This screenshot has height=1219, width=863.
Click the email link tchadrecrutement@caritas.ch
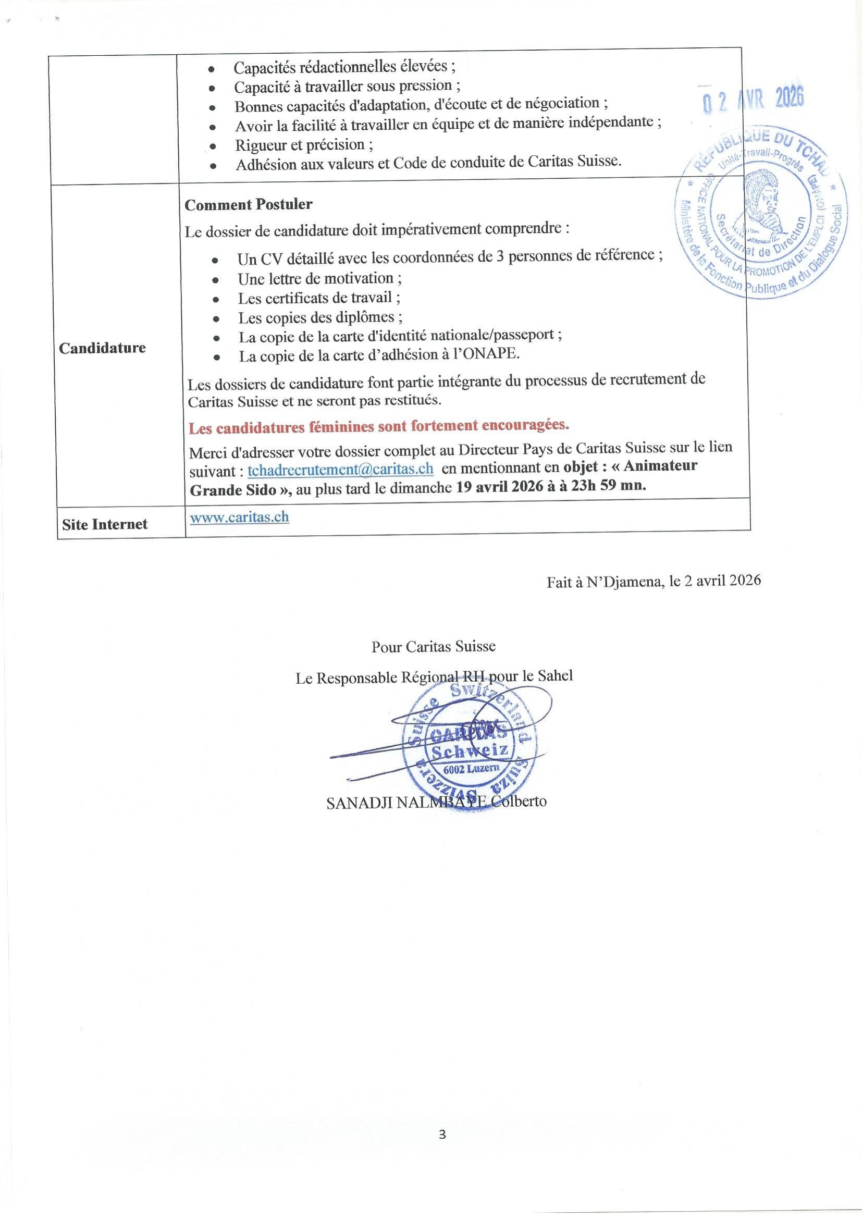340,469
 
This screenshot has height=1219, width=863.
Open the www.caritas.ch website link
239,517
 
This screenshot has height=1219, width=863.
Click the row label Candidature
102,348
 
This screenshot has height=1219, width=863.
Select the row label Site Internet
105,524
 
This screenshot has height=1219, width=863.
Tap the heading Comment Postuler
248,205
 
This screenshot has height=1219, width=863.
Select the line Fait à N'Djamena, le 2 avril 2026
654,580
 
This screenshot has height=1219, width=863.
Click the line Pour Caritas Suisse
434,647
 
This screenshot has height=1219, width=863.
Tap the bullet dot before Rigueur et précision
213,146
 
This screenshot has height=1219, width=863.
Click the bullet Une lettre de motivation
319,278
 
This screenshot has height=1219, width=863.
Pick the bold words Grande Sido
233,490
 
